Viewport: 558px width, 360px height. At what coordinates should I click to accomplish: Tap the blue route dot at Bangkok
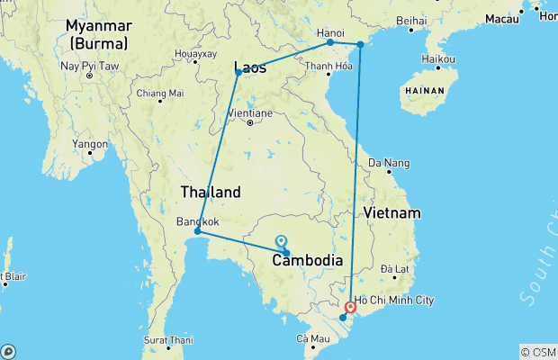pos(197,231)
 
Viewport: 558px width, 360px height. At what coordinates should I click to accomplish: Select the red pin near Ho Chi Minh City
pos(351,308)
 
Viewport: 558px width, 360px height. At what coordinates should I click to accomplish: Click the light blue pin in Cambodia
pos(282,241)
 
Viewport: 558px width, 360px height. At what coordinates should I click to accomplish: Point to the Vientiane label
pos(250,113)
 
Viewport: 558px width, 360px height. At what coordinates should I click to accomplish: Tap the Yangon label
pos(91,142)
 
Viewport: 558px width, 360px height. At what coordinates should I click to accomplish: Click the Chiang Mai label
pos(159,93)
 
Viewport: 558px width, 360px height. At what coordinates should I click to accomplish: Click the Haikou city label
pos(436,59)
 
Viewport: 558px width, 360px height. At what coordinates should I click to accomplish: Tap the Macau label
pos(501,18)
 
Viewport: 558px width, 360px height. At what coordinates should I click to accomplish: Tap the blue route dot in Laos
pos(238,72)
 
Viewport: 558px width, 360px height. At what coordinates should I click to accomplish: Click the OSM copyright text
pos(538,352)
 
